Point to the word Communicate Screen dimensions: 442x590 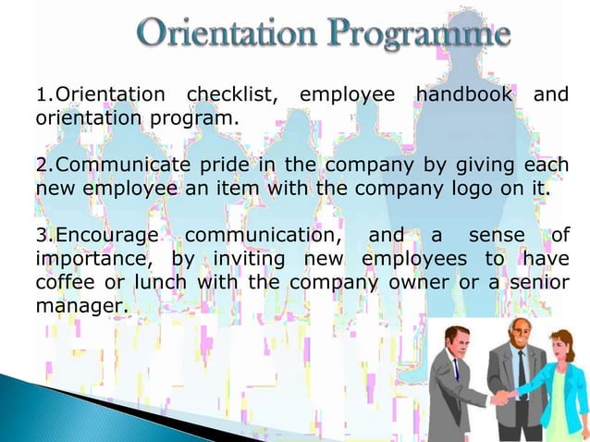click(113, 166)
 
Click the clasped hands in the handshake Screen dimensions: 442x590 click(501, 397)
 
